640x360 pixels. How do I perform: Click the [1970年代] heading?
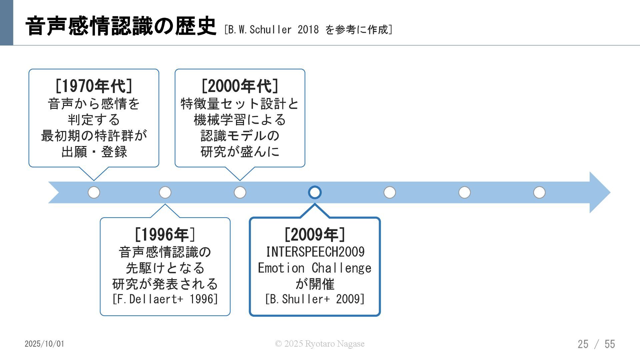[94, 86]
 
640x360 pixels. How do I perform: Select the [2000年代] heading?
[240, 86]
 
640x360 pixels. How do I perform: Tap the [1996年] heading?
[165, 234]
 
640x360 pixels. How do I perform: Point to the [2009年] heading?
[315, 234]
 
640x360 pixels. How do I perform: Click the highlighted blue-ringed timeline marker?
[315, 192]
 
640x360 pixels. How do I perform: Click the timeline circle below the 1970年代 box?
[94, 192]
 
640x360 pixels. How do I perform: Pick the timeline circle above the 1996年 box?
[165, 192]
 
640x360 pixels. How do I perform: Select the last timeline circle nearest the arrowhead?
[539, 192]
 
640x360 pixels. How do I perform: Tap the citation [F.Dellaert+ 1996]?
[165, 299]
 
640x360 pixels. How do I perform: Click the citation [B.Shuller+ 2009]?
[315, 299]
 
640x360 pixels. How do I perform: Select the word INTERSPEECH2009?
[315, 252]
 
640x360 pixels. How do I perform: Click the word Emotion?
[281, 268]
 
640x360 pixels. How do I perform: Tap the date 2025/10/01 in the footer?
[44, 344]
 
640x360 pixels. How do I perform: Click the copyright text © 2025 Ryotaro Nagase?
[320, 344]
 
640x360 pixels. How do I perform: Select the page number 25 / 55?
[596, 344]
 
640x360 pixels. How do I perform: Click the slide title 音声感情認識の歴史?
[121, 26]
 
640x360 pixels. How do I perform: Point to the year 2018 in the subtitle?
[308, 30]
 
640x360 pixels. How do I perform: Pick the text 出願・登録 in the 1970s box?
[94, 152]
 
